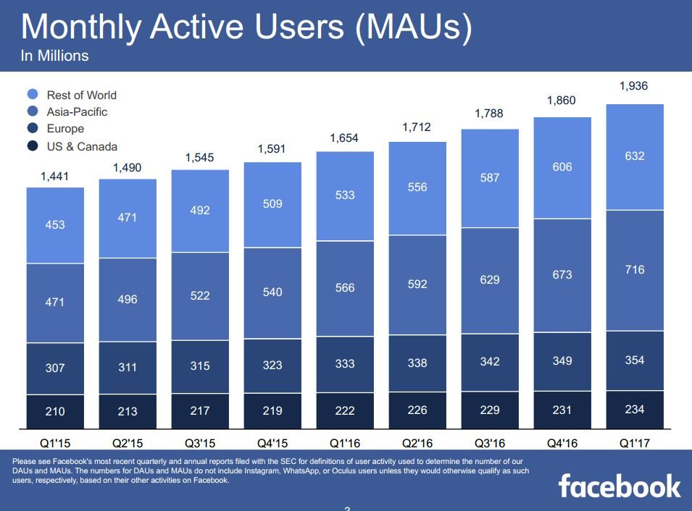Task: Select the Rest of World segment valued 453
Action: click(55, 225)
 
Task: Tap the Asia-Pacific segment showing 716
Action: click(634, 270)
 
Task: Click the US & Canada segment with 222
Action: click(345, 410)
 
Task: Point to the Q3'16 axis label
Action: click(490, 442)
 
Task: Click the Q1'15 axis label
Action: click(55, 442)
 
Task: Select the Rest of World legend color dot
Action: click(33, 95)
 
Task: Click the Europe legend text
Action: click(65, 129)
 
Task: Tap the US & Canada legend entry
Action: click(81, 146)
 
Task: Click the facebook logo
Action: click(620, 486)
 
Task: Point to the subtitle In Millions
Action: click(54, 56)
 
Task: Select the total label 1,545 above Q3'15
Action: click(200, 157)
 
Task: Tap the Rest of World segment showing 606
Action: click(562, 167)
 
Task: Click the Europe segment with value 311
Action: click(128, 367)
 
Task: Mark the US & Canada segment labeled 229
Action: click(490, 410)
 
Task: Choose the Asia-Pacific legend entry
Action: click(77, 112)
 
